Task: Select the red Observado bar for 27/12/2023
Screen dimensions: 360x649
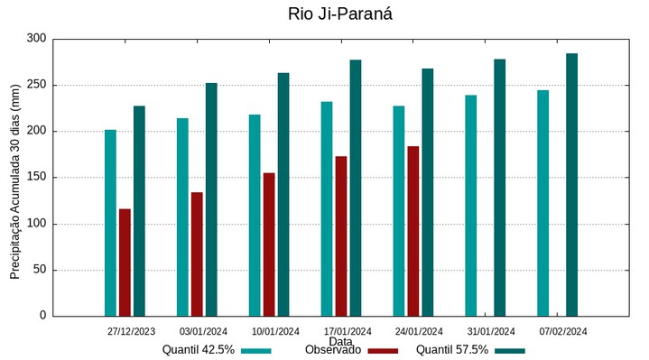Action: [x=125, y=263]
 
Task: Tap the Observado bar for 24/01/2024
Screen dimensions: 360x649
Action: [x=413, y=231]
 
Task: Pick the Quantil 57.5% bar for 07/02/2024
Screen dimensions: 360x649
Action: [x=571, y=185]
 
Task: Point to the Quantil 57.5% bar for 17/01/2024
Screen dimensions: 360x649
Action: [x=356, y=188]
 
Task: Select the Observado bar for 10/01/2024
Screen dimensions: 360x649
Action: [x=269, y=245]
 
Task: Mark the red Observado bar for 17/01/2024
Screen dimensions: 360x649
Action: [x=341, y=235]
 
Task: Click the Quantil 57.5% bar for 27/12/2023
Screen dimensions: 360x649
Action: [x=139, y=211]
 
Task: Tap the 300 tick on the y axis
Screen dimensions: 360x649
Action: [x=36, y=39]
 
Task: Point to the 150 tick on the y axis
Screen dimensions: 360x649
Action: [x=36, y=178]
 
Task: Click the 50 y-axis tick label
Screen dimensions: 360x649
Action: [x=39, y=270]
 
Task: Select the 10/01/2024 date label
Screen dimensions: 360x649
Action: [x=275, y=331]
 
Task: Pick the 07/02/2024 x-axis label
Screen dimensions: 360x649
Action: [x=563, y=331]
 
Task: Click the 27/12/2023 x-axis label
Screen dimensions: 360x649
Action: [x=131, y=331]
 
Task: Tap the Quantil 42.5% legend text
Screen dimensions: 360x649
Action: [x=199, y=350]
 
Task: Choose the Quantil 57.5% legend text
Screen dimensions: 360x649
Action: [x=451, y=350]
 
